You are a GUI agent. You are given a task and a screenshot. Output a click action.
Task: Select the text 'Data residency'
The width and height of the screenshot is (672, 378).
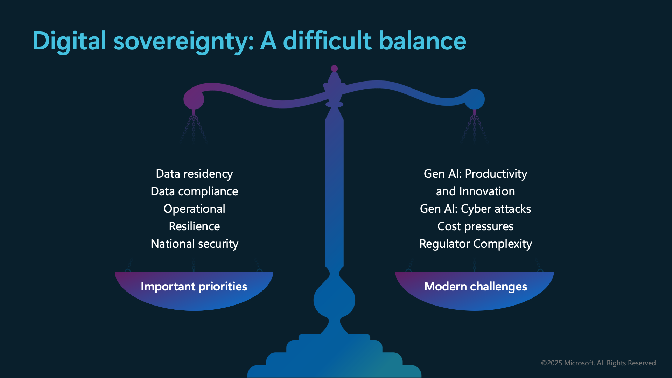point(194,174)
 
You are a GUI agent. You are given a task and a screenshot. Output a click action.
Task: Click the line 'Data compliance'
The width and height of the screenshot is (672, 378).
point(194,191)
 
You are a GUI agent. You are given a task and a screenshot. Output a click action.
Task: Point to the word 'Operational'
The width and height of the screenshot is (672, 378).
point(194,209)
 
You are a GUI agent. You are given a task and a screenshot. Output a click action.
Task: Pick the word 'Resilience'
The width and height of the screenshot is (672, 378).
point(194,226)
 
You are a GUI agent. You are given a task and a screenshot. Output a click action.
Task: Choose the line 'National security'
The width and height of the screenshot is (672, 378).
point(194,244)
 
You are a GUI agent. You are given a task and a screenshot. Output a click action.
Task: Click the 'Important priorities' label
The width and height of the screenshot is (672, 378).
point(194,287)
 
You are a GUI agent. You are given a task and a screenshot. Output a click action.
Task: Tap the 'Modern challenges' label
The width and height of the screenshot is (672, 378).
point(476,287)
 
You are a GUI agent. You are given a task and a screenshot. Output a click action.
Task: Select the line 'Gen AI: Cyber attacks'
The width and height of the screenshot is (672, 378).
point(475,209)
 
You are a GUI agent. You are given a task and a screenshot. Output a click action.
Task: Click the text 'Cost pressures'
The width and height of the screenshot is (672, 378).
point(475,226)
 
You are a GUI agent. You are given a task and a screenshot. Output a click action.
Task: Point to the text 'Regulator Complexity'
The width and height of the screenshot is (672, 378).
point(476,244)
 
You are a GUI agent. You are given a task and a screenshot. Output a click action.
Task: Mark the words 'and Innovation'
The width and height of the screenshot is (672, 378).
point(475,191)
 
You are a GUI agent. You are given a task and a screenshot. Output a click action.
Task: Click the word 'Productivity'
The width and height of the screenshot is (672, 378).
point(496,174)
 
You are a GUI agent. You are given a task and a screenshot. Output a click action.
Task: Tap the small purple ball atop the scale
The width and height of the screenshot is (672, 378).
point(334,69)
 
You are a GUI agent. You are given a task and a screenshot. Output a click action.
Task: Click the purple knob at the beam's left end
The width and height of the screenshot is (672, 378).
point(194,99)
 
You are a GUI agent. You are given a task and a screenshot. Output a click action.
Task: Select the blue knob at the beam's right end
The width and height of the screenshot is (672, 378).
point(474,99)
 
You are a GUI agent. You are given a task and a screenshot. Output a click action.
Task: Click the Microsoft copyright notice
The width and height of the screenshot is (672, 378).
point(599,363)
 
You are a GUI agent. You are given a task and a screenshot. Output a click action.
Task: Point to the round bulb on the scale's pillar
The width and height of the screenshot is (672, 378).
point(334,300)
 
